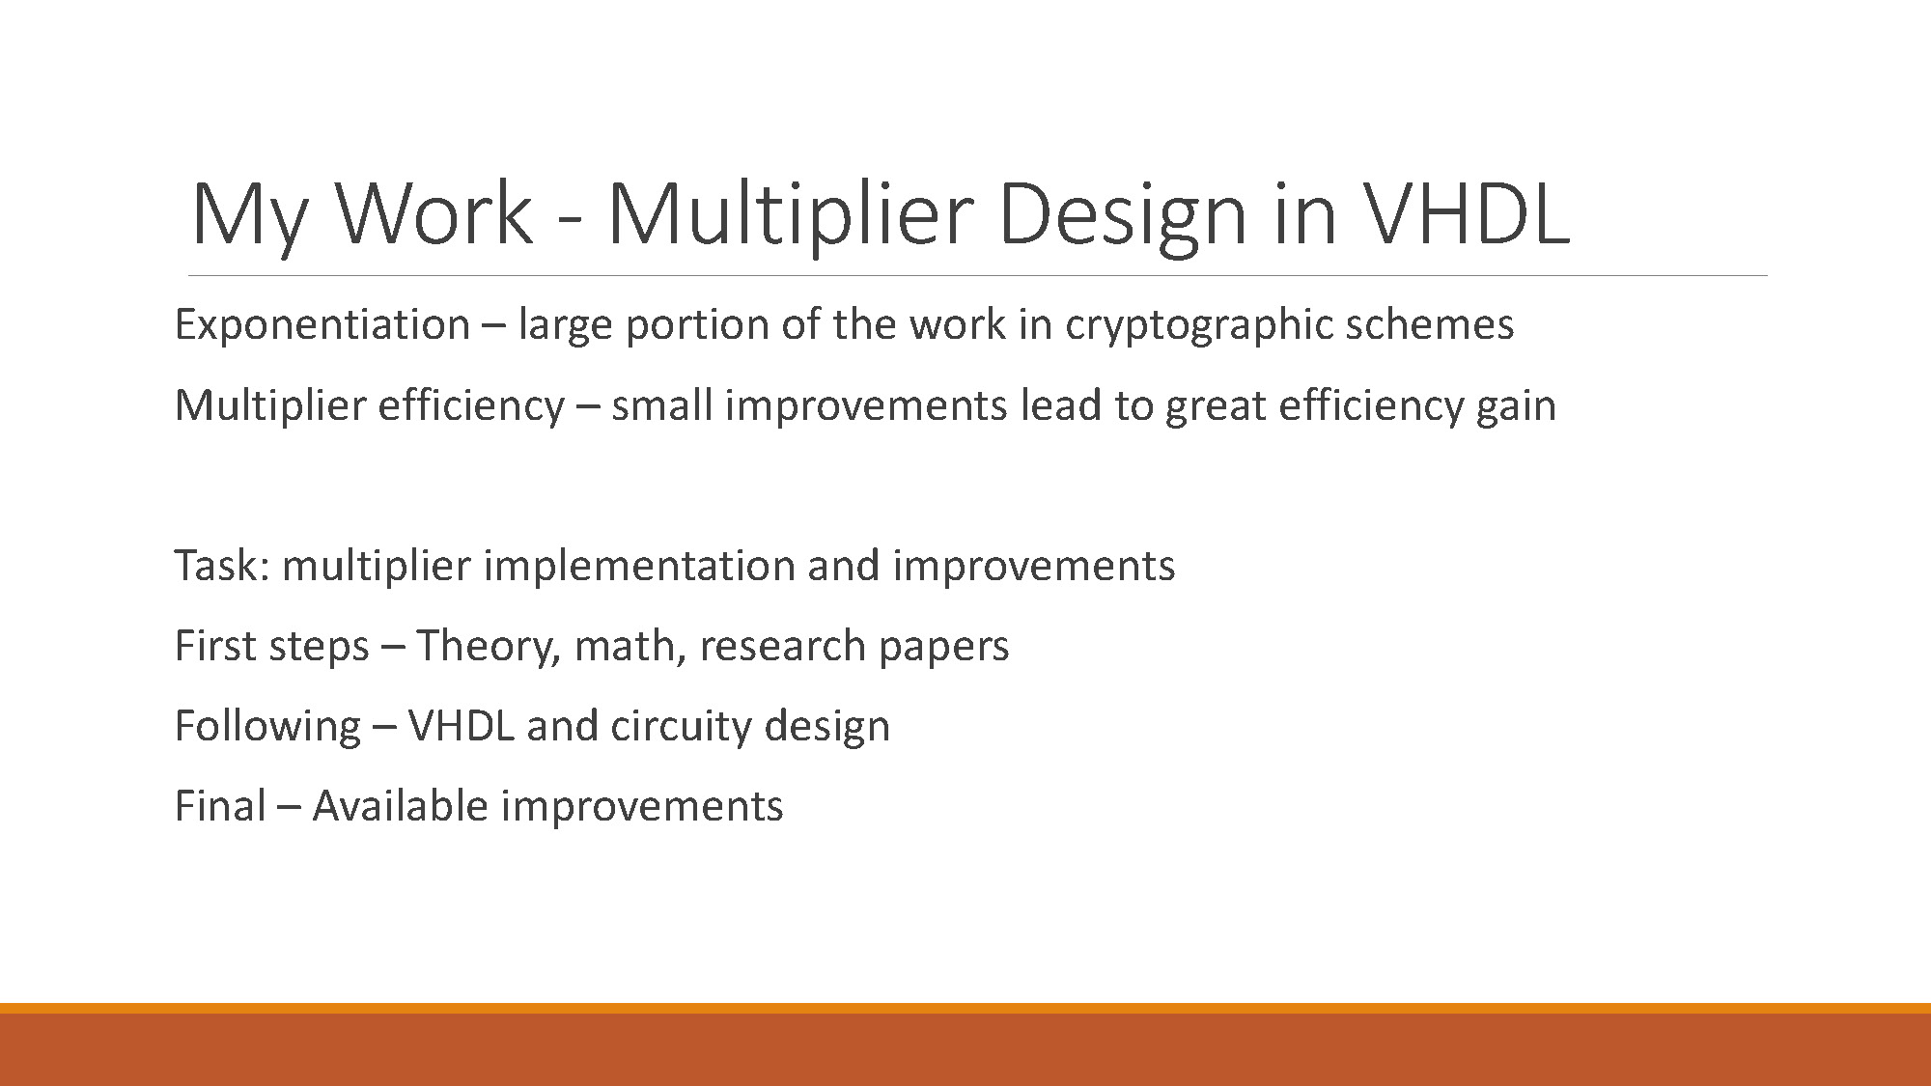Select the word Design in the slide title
click(1121, 214)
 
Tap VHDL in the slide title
click(1467, 214)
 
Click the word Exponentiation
click(322, 324)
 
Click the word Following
click(267, 727)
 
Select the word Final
click(219, 806)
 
